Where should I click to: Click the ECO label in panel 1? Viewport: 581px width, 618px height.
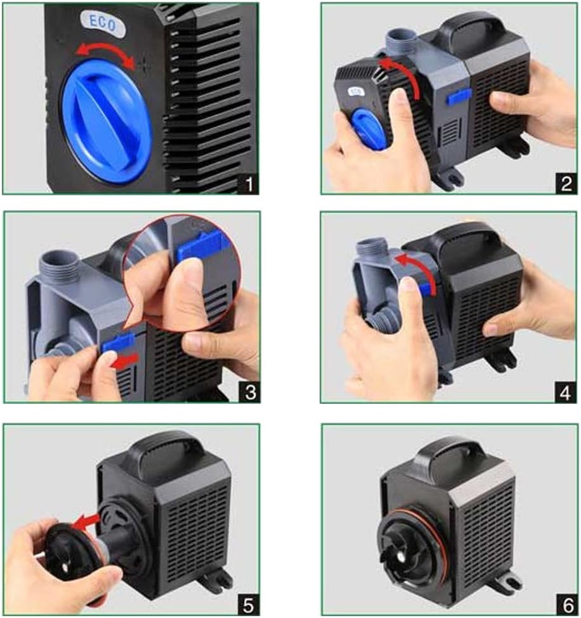pyautogui.click(x=103, y=23)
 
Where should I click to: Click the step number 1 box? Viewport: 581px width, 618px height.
pyautogui.click(x=248, y=184)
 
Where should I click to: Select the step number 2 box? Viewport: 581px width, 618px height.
pyautogui.click(x=566, y=183)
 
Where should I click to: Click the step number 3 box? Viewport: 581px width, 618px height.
pyautogui.click(x=250, y=392)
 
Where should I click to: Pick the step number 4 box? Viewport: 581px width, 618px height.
pyautogui.click(x=566, y=392)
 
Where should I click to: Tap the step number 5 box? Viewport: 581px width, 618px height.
pyautogui.click(x=249, y=605)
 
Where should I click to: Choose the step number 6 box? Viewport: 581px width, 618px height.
pyautogui.click(x=567, y=605)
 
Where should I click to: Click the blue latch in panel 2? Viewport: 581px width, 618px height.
pyautogui.click(x=459, y=96)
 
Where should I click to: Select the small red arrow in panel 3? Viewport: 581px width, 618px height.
pyautogui.click(x=125, y=361)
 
